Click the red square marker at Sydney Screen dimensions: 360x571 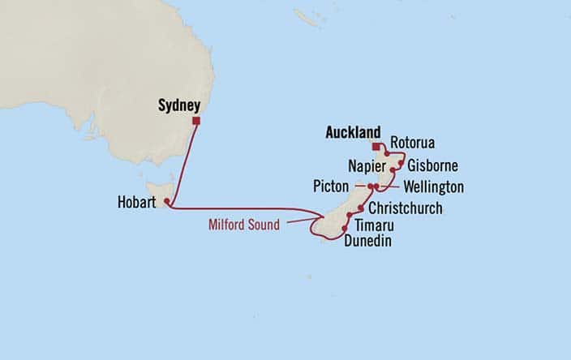tap(195, 121)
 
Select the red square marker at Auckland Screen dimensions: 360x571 tap(376, 147)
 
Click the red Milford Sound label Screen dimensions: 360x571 tap(243, 225)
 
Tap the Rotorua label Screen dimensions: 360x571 tap(412, 144)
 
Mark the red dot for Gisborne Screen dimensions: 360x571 tap(401, 163)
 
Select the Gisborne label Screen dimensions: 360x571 tap(432, 166)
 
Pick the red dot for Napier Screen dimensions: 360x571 tap(393, 170)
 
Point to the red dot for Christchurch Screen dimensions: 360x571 tap(360, 208)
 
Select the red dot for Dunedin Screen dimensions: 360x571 tap(345, 229)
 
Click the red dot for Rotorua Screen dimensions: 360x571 tap(388, 153)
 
